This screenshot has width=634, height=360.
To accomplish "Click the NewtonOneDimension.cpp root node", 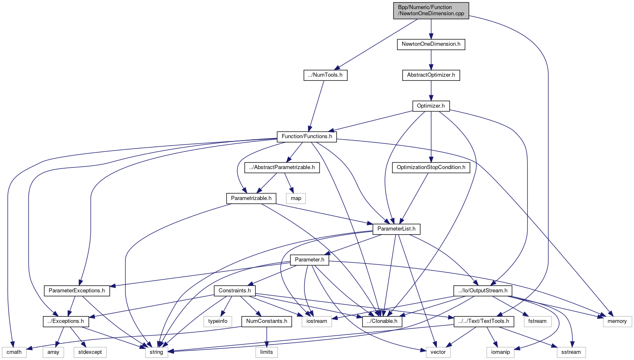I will point(431,10).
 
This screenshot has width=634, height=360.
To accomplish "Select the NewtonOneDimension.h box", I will point(431,44).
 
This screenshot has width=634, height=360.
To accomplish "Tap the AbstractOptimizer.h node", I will point(431,75).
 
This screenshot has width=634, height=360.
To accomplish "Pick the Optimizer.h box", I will point(431,106).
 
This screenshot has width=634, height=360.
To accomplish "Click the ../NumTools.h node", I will point(325,75).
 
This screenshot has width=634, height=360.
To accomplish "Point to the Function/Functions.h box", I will point(307,136).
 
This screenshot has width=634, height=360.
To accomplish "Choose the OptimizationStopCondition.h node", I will point(431,167).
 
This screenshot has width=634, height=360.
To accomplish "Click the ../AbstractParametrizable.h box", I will point(282,167).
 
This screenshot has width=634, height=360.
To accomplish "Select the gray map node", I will point(296,198).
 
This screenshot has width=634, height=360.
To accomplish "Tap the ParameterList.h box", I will point(396,229).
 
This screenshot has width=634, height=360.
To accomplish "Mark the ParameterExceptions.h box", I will point(77,291).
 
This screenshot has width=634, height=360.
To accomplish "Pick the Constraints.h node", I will point(235,291).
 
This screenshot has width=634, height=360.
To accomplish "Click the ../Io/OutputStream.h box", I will point(483,291).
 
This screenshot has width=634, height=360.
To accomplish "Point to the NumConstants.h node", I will point(266,321).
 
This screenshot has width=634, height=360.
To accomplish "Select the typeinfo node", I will point(218,321).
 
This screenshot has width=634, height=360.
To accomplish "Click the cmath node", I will point(14,352).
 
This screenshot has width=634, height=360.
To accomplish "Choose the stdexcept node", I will point(90,352).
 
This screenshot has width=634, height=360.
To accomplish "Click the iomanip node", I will point(500,352).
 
